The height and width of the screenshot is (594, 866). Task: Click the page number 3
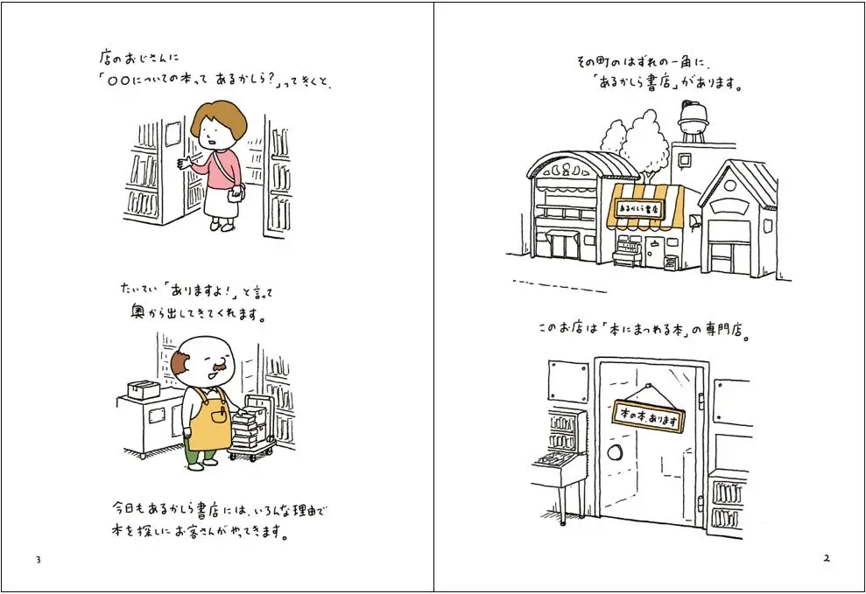pyautogui.click(x=38, y=559)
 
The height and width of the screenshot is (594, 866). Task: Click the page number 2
pyautogui.click(x=826, y=559)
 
